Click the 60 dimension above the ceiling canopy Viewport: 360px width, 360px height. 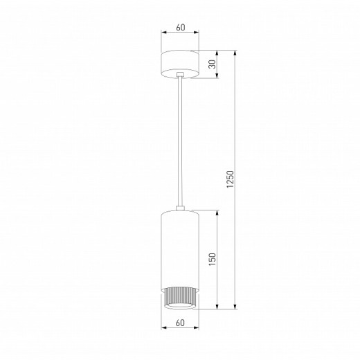pos(180,28)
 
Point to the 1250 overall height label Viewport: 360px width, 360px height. pos(232,179)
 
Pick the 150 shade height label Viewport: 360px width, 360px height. pos(213,258)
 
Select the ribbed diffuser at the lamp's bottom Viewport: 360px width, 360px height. pos(180,296)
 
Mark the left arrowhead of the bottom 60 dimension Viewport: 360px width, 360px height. pos(163,328)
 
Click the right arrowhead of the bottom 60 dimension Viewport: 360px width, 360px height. pos(197,328)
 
